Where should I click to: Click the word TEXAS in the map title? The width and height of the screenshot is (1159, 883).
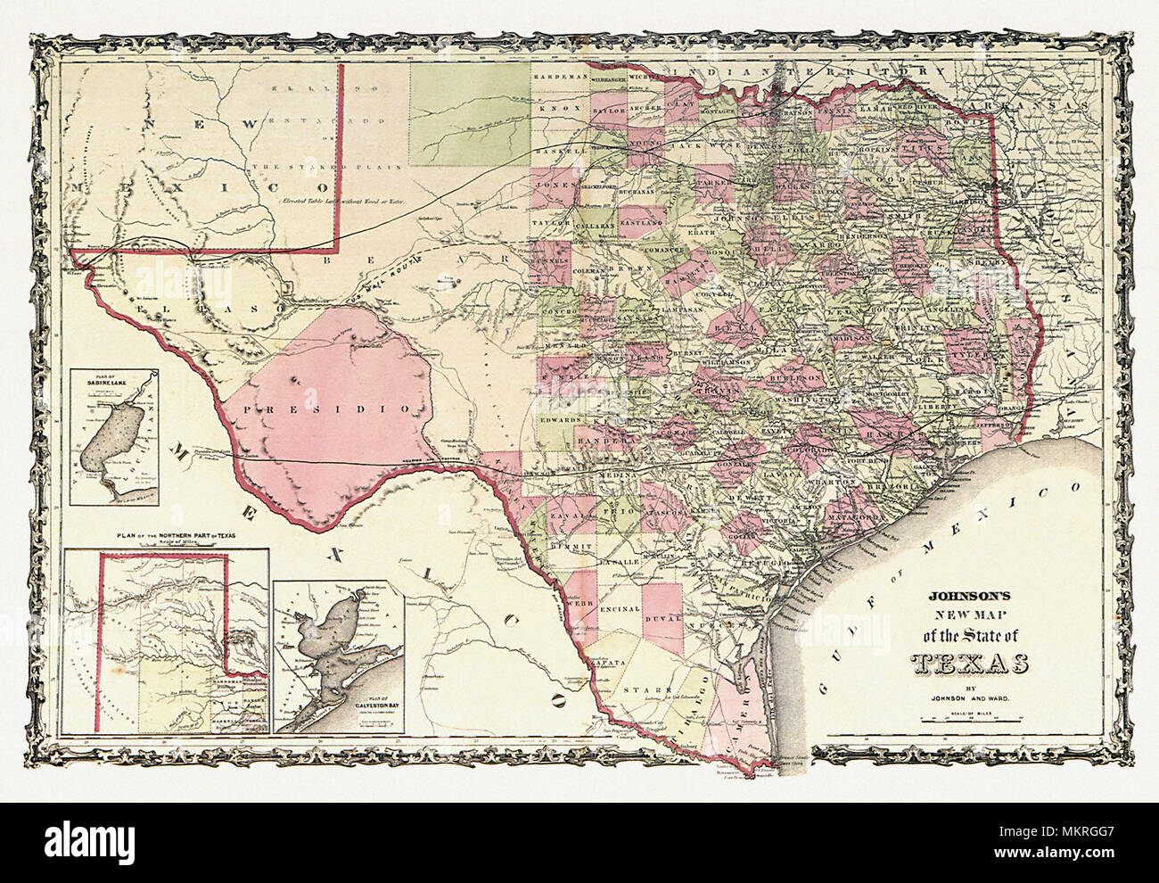[969, 664]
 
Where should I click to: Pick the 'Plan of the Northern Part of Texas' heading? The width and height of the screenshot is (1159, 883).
[167, 536]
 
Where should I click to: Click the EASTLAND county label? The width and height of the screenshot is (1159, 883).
[636, 214]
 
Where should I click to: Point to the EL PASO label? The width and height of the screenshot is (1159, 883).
[205, 307]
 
